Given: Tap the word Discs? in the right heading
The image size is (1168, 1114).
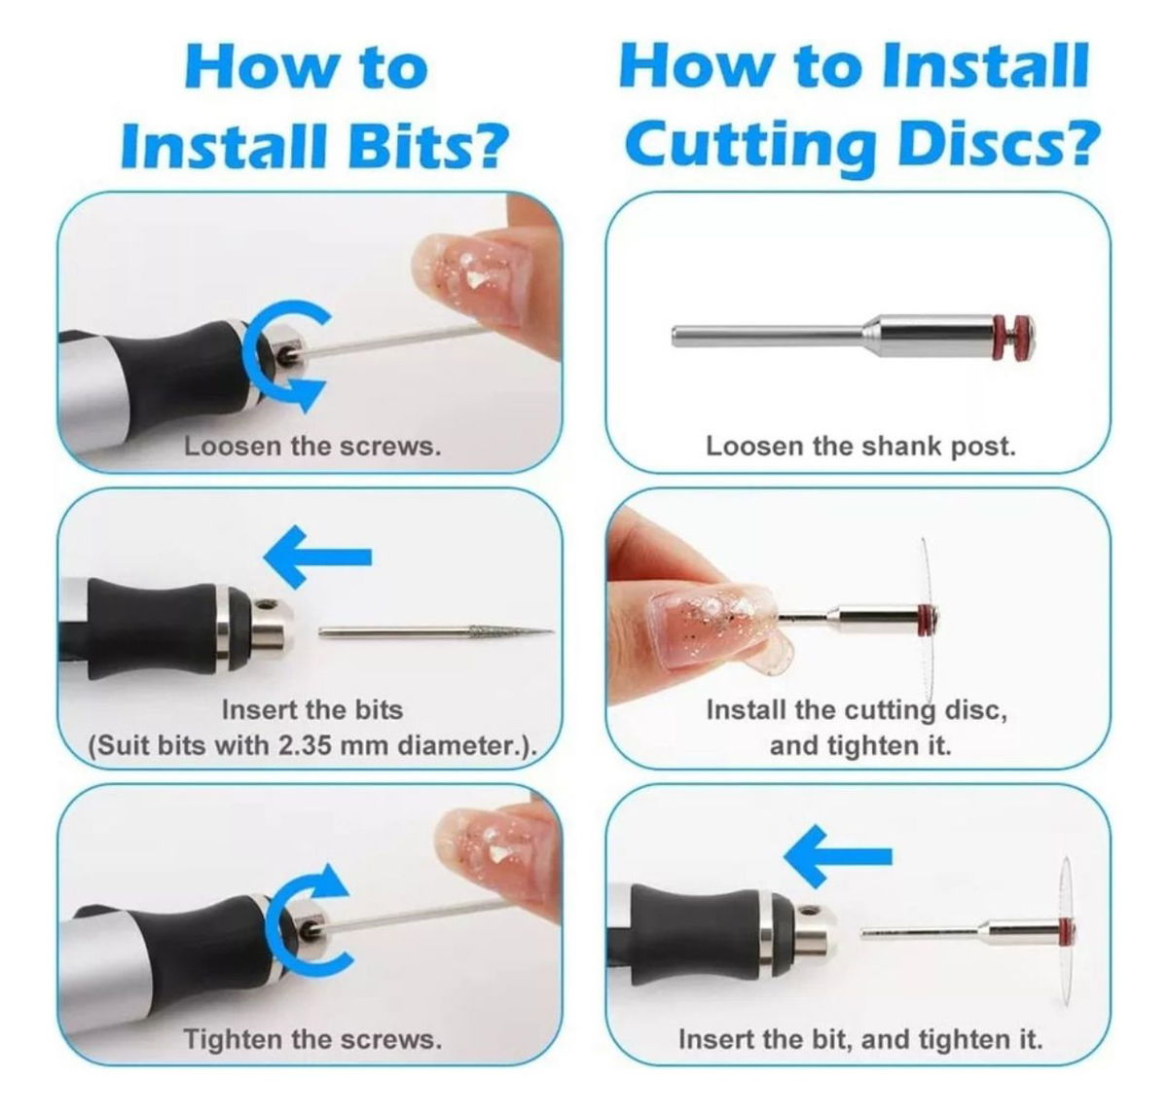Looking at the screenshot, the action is [x=994, y=144].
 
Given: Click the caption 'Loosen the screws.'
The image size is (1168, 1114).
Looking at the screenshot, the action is [x=312, y=447].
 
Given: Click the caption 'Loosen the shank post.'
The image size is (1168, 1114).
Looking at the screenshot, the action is [x=860, y=447].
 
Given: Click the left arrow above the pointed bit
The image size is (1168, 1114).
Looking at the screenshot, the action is [x=317, y=557].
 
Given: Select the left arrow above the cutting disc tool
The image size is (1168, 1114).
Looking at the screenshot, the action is [x=838, y=856].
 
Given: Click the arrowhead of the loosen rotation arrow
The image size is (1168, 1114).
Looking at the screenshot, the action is [x=306, y=393].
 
